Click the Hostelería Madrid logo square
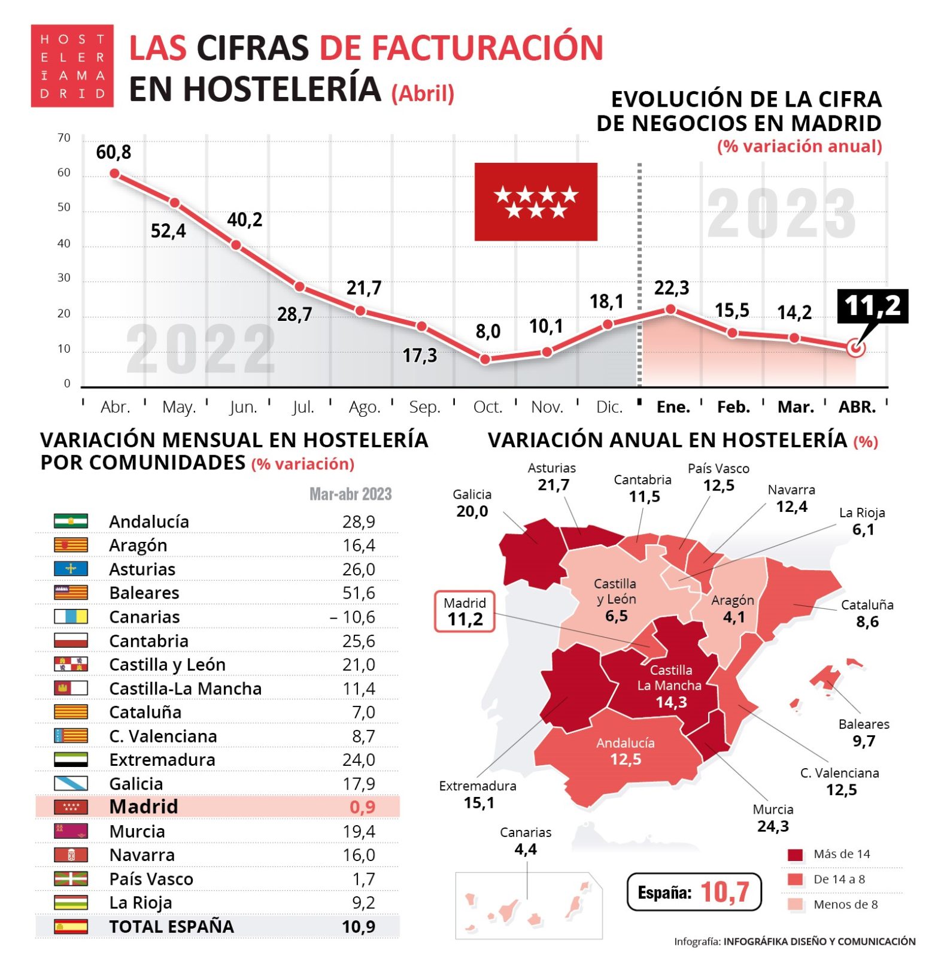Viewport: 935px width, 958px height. pos(72,66)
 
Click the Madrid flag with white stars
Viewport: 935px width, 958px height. pos(535,201)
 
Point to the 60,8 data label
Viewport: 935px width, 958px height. pos(113,153)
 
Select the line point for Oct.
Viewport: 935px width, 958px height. pos(485,359)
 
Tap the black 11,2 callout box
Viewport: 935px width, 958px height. pos(872,306)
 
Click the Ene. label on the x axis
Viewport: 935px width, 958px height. pos(673,407)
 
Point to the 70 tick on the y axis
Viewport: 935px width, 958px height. pos(64,138)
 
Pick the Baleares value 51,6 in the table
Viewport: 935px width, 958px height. pos(359,593)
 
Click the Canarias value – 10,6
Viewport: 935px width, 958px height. pos(353,617)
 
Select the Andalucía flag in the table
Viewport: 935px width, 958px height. pos(71,521)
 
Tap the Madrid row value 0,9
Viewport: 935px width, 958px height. pos(362,807)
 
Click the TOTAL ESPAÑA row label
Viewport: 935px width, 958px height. pos(171,926)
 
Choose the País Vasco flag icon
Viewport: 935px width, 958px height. pos(71,878)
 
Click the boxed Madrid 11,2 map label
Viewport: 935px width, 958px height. pos(465,611)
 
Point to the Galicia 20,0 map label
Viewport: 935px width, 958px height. pos(472,503)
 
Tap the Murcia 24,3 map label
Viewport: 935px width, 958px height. pos(773,818)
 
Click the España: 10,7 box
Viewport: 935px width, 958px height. pos(694,892)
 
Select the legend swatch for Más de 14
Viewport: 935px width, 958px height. pos(795,854)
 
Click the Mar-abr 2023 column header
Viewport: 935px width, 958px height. pos(350,494)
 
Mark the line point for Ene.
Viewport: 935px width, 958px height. pos(670,309)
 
